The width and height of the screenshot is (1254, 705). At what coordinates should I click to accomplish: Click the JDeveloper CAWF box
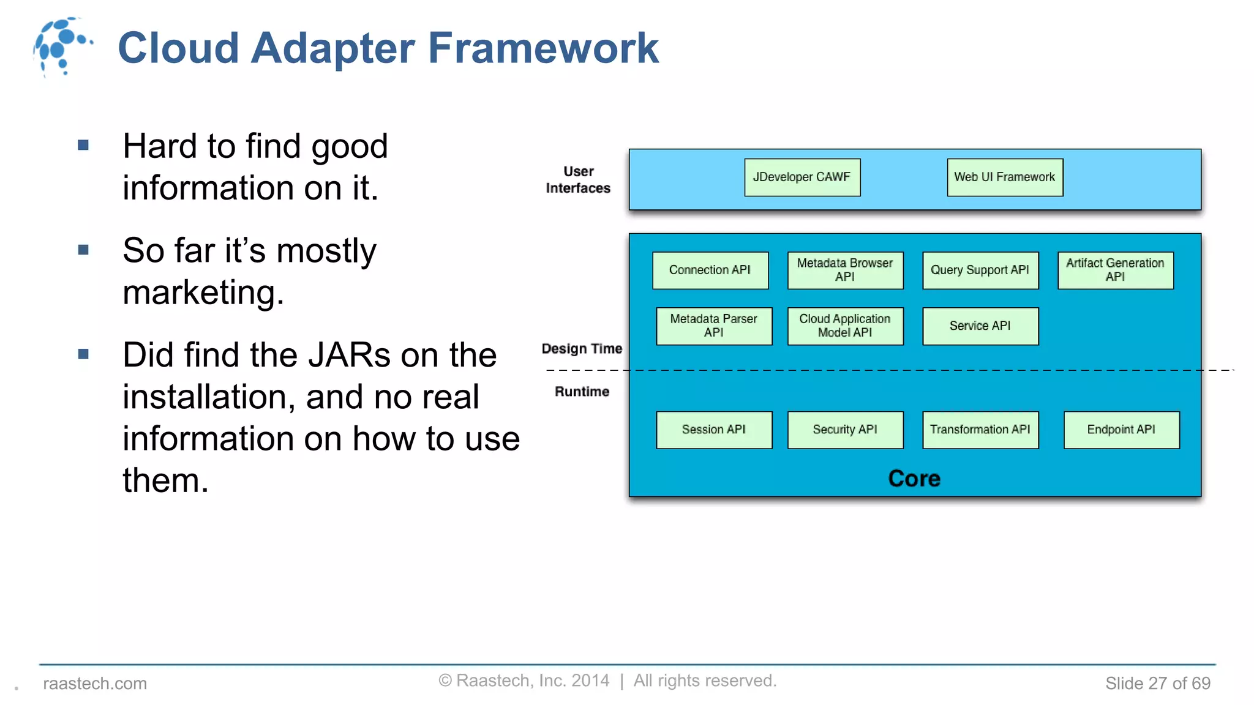click(802, 177)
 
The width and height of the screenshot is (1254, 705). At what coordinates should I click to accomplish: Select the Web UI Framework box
click(1005, 177)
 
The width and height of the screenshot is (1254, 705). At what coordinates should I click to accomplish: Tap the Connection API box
click(710, 270)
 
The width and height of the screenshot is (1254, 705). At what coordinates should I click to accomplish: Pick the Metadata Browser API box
click(845, 270)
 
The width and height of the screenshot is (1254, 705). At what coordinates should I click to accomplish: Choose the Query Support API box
click(980, 270)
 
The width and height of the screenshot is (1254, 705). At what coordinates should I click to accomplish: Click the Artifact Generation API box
click(1115, 270)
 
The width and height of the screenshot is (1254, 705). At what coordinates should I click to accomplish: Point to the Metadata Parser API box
click(714, 326)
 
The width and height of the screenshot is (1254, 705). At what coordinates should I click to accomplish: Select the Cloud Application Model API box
click(845, 326)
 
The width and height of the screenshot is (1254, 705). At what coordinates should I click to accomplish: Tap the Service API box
click(980, 326)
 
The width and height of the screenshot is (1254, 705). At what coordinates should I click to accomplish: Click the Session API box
click(714, 430)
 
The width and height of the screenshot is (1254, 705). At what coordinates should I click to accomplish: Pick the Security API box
click(845, 430)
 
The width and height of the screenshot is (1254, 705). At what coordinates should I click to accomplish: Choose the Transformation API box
click(980, 430)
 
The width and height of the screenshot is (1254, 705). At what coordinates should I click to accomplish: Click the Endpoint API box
click(1121, 430)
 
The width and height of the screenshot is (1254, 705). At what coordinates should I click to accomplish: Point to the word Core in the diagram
click(914, 479)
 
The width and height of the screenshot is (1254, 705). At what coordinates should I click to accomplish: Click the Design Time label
click(582, 349)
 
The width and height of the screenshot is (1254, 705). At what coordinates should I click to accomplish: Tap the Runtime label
click(582, 392)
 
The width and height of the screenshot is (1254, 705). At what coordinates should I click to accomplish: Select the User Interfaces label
click(578, 180)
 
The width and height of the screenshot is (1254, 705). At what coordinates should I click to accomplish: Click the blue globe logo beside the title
click(61, 47)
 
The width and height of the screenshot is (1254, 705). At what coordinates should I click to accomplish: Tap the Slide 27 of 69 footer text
click(1157, 683)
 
